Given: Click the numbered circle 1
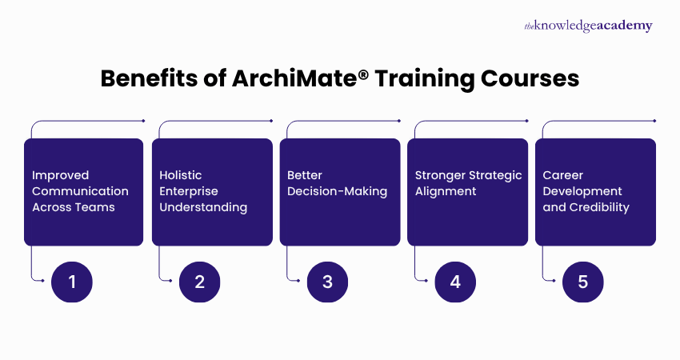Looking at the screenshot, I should (x=72, y=282).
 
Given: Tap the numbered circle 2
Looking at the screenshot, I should (x=200, y=282).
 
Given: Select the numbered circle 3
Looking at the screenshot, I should (x=328, y=282).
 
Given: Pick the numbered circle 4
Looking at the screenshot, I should (x=456, y=282).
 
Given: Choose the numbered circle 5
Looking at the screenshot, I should (x=583, y=282).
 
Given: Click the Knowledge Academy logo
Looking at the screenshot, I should (x=588, y=26).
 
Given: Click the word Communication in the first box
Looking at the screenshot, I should (x=80, y=191).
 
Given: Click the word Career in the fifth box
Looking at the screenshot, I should (x=563, y=175).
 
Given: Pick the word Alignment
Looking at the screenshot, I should (x=446, y=191).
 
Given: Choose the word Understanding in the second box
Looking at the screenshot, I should (x=203, y=207).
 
